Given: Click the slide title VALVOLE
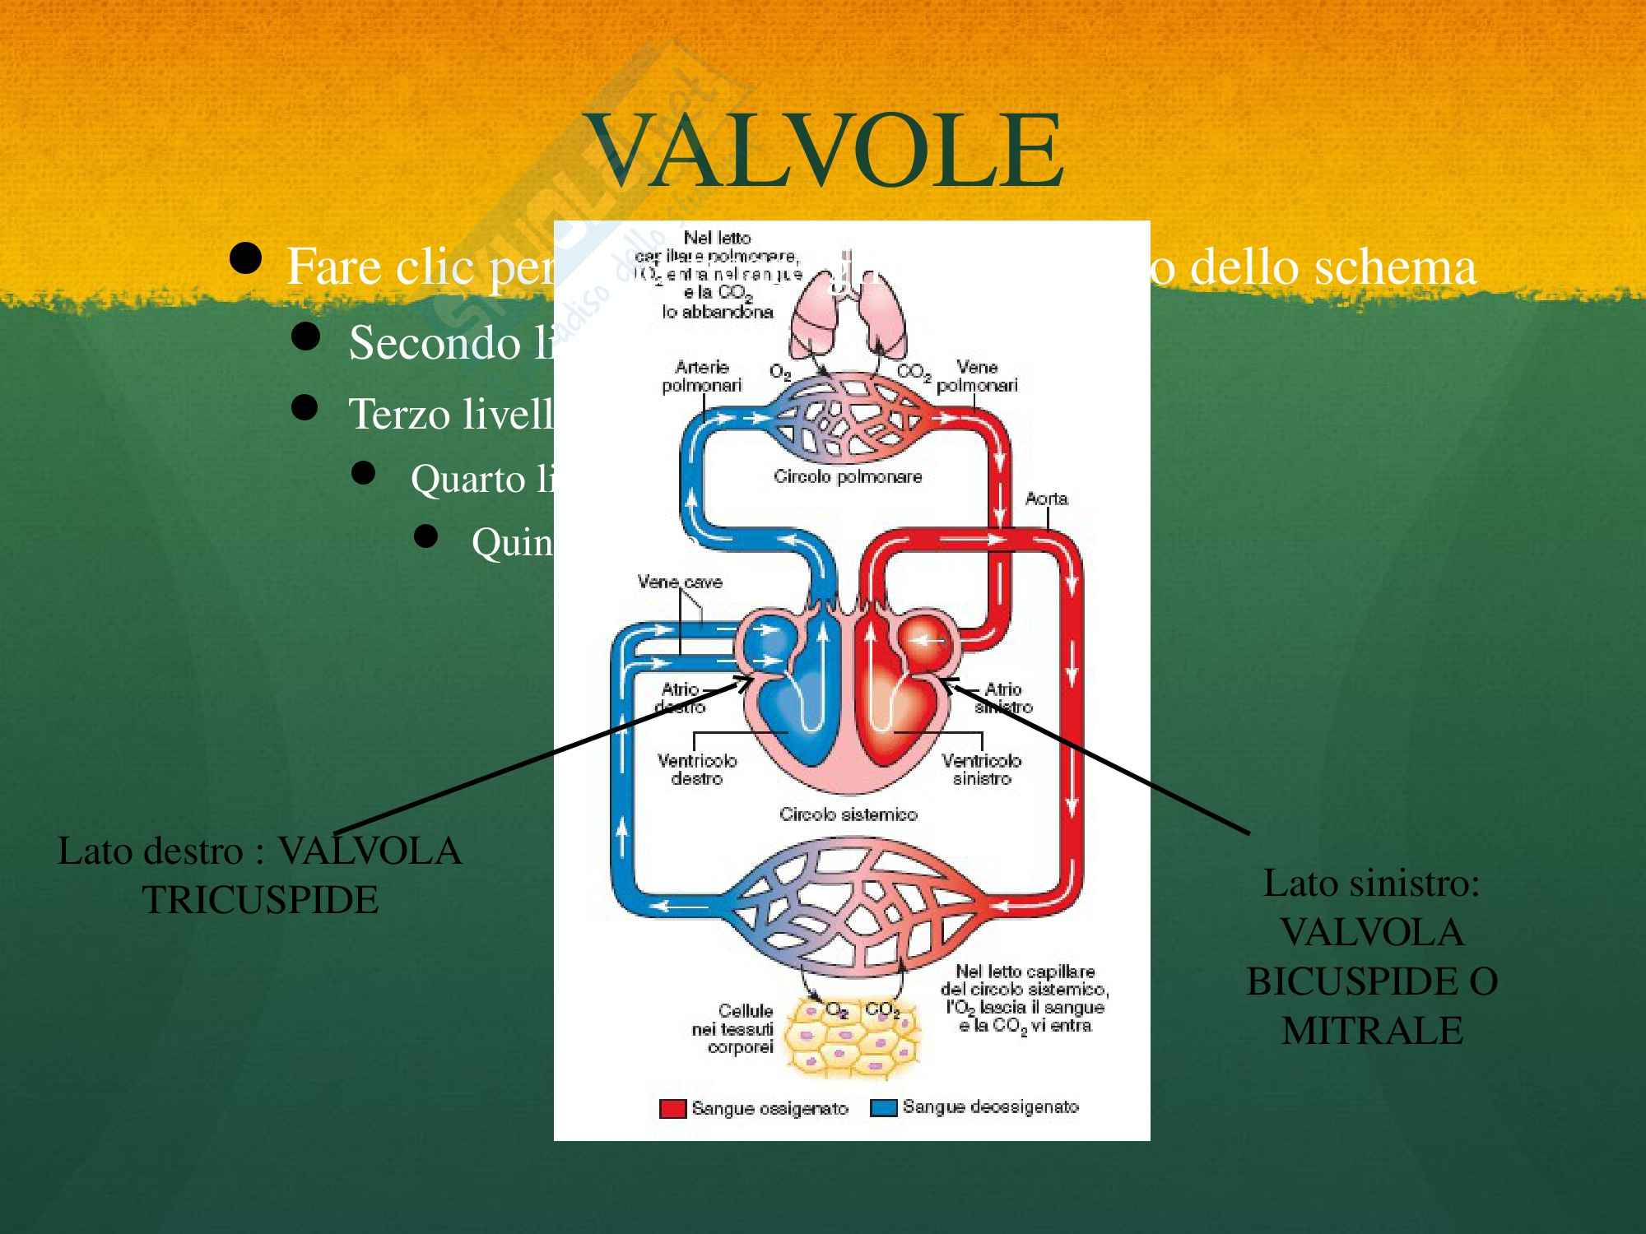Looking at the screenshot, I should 825,151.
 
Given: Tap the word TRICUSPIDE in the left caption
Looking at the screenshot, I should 260,900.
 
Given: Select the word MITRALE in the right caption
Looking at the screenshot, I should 1372,1031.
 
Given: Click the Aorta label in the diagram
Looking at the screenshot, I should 1046,499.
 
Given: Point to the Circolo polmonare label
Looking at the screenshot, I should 848,476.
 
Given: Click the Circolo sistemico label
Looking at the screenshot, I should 848,814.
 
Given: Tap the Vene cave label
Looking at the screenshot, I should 680,582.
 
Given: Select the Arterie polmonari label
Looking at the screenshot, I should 701,376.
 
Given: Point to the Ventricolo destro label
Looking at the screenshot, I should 697,769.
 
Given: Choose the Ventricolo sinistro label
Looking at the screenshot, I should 981,769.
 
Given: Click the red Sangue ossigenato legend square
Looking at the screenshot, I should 672,1108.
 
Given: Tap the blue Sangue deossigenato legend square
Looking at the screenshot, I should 883,1107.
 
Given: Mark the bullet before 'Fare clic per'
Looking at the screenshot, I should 246,259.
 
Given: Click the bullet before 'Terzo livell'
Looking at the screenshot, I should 305,408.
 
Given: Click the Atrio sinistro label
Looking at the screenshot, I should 1003,698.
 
